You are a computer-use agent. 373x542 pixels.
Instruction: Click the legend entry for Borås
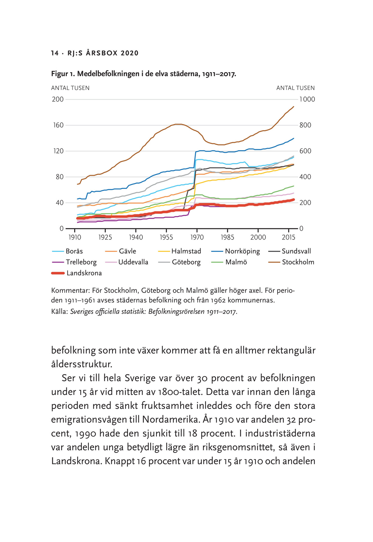(67, 251)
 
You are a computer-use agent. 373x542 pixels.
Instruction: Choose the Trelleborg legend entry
(74, 262)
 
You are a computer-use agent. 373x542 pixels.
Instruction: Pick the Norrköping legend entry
(236, 251)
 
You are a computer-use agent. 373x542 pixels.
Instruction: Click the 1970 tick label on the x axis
(197, 237)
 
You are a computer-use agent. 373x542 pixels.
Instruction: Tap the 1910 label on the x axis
(75, 237)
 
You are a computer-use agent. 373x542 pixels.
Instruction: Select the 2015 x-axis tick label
(289, 237)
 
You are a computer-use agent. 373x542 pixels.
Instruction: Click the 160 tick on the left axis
(58, 125)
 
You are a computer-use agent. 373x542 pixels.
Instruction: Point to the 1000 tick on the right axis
(307, 99)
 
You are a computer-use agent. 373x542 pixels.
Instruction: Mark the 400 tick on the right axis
(305, 177)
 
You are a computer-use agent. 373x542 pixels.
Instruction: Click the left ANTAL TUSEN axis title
(70, 88)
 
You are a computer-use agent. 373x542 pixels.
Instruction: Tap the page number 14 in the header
(55, 53)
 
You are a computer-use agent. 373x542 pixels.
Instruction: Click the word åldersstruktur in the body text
(82, 364)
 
